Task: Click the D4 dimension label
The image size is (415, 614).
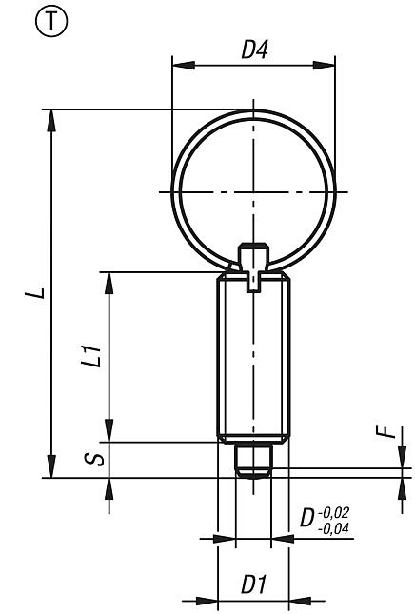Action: point(253,50)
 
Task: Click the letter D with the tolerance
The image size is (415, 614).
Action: point(307,519)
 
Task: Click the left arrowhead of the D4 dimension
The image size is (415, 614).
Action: point(177,66)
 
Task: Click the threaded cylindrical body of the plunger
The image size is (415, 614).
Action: point(253,362)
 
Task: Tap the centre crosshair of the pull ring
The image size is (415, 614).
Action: point(253,191)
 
